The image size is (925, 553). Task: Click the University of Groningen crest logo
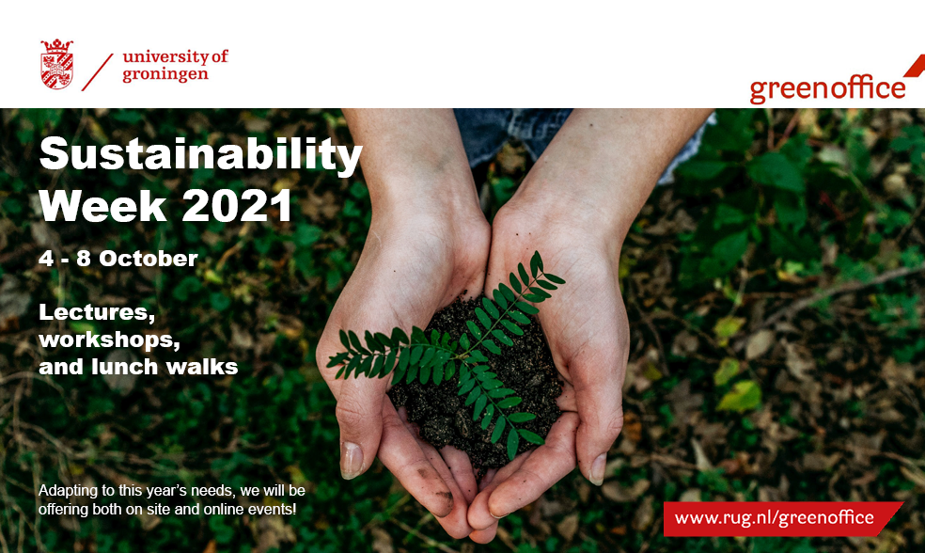[56, 64]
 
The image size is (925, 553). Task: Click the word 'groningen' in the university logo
[165, 75]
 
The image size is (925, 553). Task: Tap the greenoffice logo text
[827, 89]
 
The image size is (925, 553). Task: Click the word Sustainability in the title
[200, 154]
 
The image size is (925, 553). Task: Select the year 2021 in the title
[237, 205]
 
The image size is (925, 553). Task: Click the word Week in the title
[103, 205]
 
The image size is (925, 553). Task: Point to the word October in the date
[149, 259]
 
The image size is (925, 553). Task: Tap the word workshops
[110, 340]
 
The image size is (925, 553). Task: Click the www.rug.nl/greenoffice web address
[774, 517]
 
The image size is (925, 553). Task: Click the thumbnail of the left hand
[351, 460]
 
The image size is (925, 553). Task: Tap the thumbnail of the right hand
[598, 468]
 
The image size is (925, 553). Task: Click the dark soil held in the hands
[478, 384]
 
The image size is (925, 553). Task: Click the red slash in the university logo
[98, 72]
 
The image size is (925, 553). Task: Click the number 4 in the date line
[46, 259]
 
